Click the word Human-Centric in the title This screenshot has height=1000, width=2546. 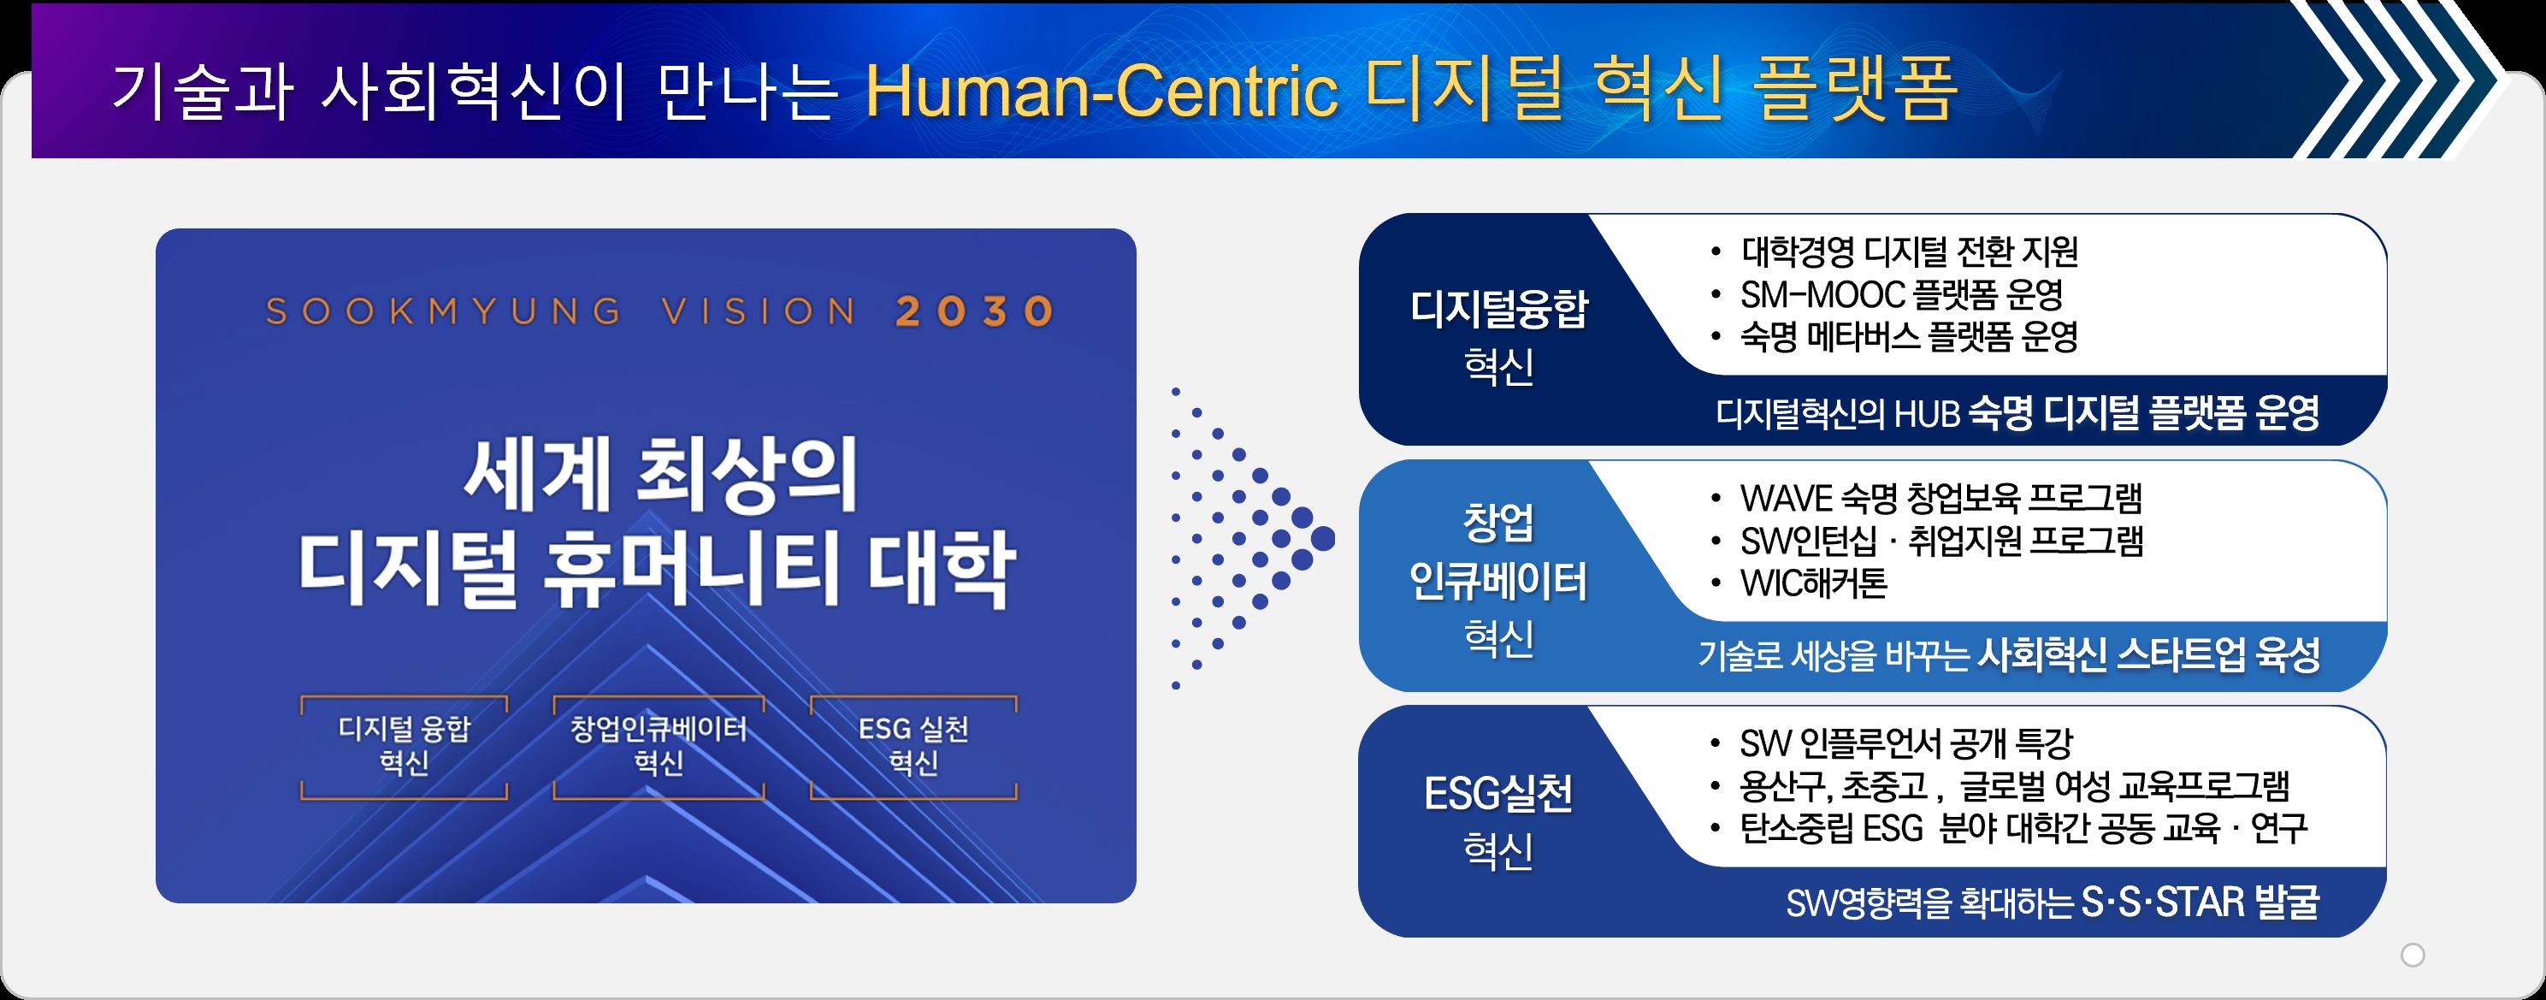click(x=1102, y=91)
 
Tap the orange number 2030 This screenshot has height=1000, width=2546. click(x=974, y=311)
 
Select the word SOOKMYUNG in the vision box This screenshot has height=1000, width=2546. click(x=444, y=311)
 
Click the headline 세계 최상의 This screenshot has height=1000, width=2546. click(x=660, y=476)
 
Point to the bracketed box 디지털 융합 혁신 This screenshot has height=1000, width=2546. click(x=405, y=747)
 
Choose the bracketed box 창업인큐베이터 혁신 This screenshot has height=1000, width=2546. click(x=659, y=747)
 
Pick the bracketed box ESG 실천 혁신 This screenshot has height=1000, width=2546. click(x=913, y=747)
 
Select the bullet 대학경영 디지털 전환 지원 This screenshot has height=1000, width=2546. click(x=1910, y=252)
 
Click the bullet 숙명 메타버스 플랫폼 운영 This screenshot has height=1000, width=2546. click(x=1910, y=337)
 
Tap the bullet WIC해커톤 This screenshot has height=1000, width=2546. click(x=1814, y=583)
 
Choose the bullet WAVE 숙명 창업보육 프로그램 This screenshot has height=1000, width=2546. click(x=1941, y=498)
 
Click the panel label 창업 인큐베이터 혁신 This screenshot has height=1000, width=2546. click(x=1498, y=580)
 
